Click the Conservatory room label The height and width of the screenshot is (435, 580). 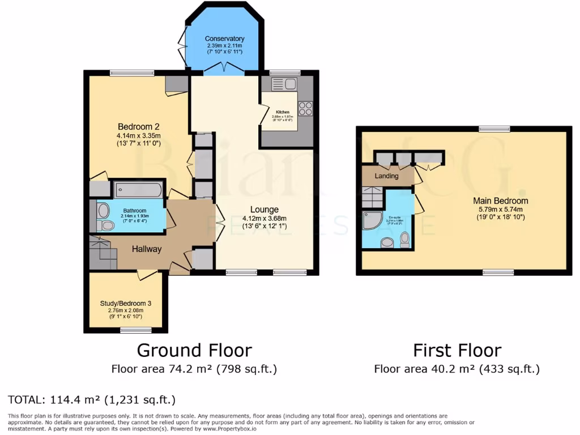[x=224, y=39]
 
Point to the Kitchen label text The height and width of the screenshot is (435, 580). [x=283, y=112]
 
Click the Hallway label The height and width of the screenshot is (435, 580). [x=147, y=249]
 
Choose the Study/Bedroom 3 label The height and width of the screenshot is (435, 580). [x=126, y=304]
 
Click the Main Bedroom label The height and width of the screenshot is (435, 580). [x=501, y=201]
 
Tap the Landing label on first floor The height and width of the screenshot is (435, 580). [x=387, y=176]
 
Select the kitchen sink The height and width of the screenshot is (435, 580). [x=284, y=84]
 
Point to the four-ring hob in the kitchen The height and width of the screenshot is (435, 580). [x=305, y=108]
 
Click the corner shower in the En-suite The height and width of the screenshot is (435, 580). [x=372, y=221]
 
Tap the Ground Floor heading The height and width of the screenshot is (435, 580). [x=194, y=350]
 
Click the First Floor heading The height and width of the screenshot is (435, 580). [x=457, y=350]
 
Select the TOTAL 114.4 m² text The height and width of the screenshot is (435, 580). [x=92, y=400]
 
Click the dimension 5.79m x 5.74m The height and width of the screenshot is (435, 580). [x=501, y=209]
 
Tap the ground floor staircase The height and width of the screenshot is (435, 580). [x=103, y=254]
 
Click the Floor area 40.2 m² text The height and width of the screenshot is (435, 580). [x=457, y=369]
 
